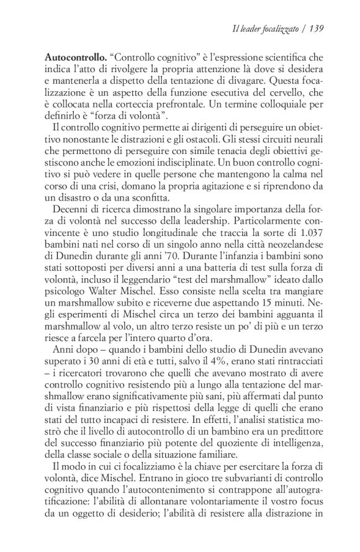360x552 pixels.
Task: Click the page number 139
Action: point(318,28)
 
